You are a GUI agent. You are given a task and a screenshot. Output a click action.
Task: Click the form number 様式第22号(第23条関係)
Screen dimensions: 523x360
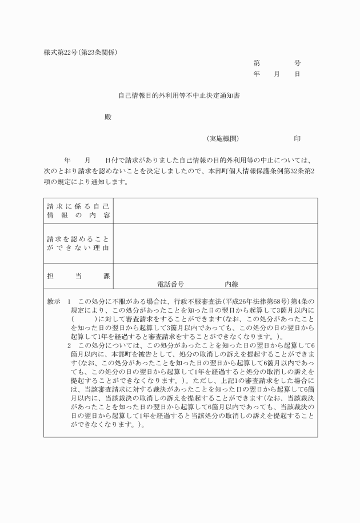tap(81, 53)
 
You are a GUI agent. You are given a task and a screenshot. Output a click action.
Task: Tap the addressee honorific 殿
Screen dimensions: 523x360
tap(107, 117)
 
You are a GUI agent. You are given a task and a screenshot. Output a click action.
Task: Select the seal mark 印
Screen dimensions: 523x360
tap(297, 138)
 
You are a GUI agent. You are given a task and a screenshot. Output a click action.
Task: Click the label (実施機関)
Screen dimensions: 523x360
tap(223, 138)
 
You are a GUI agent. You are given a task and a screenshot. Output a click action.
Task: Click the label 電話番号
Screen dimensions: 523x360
tap(170, 284)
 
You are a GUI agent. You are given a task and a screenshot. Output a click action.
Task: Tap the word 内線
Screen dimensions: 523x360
tap(231, 284)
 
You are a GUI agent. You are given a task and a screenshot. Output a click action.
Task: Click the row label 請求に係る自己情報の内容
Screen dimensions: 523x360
tap(78, 210)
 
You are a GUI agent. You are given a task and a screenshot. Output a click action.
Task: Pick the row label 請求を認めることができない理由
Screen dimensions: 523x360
tap(78, 243)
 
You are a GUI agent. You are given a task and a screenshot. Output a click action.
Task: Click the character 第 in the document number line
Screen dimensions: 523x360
tap(257, 63)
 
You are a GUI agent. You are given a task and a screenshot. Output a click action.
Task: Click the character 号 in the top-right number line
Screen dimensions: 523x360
tap(297, 63)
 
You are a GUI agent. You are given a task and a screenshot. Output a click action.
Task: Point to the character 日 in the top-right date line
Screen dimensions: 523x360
tap(297, 74)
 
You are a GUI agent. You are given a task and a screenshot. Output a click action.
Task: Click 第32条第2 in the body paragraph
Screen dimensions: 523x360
tap(298, 171)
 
